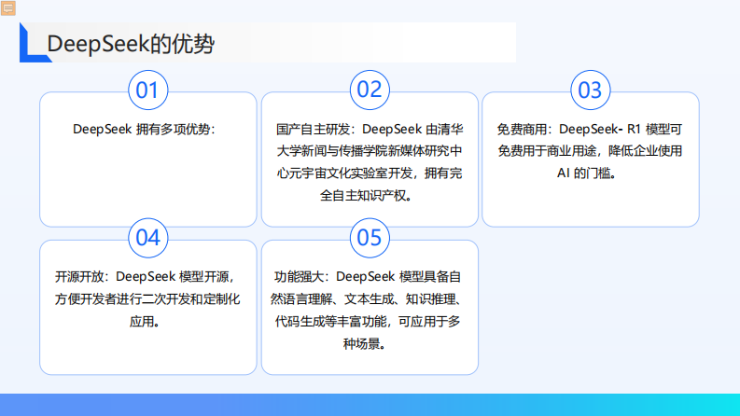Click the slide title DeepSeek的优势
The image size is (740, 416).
tap(130, 44)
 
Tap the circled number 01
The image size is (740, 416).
tap(148, 90)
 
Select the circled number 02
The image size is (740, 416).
tap(370, 90)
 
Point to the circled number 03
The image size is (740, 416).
tap(590, 90)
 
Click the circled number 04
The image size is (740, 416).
tap(148, 237)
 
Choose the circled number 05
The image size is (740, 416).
tap(370, 237)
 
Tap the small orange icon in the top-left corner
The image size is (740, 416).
tap(8, 7)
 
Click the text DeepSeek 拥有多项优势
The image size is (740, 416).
tap(147, 129)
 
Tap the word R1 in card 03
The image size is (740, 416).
tap(630, 129)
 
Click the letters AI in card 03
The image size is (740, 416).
tap(564, 173)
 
